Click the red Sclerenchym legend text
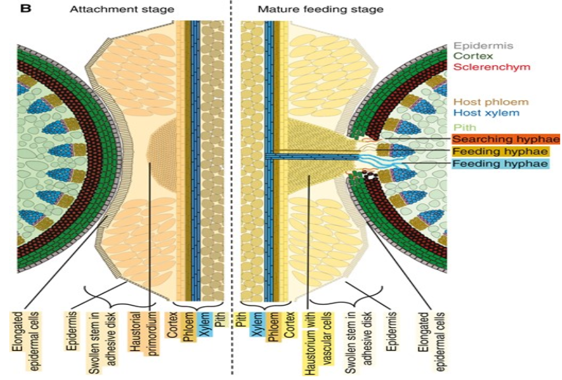(x=486, y=67)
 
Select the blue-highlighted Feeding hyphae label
(x=502, y=163)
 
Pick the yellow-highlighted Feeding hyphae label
(x=502, y=151)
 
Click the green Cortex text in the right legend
(x=472, y=57)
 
